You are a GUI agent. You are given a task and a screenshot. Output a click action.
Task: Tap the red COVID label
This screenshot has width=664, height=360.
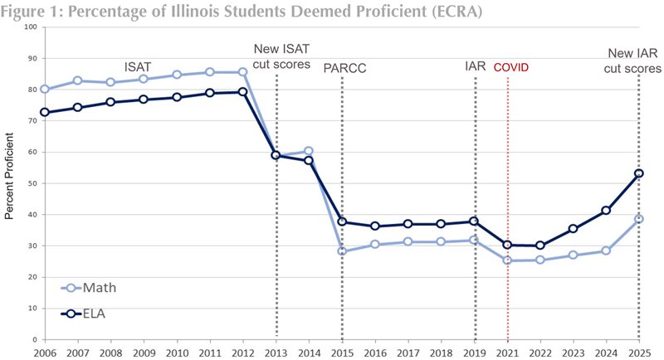(510, 67)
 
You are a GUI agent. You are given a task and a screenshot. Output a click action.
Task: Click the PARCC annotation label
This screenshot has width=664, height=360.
(344, 67)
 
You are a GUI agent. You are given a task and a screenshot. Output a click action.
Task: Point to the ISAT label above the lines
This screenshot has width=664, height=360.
(139, 66)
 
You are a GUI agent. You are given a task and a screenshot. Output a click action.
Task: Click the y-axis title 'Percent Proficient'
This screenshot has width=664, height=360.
(11, 182)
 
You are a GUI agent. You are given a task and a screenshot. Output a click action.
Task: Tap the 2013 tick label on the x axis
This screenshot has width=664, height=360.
(276, 351)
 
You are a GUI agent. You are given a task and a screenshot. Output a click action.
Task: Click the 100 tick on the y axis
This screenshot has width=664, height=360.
(31, 27)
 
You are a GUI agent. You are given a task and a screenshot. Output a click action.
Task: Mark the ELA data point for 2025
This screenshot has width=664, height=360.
(638, 173)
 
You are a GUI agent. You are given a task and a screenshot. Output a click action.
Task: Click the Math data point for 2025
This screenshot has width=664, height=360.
(638, 219)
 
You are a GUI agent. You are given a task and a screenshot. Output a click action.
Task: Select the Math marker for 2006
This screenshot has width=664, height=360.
(44, 90)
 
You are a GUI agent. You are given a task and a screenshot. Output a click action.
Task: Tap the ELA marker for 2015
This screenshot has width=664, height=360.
(342, 222)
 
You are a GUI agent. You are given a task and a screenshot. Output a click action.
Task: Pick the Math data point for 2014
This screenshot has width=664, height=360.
(309, 151)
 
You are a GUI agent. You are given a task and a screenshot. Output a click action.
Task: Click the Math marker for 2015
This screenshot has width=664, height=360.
(342, 251)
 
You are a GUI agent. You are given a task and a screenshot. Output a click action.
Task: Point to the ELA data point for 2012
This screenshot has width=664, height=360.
(242, 92)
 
